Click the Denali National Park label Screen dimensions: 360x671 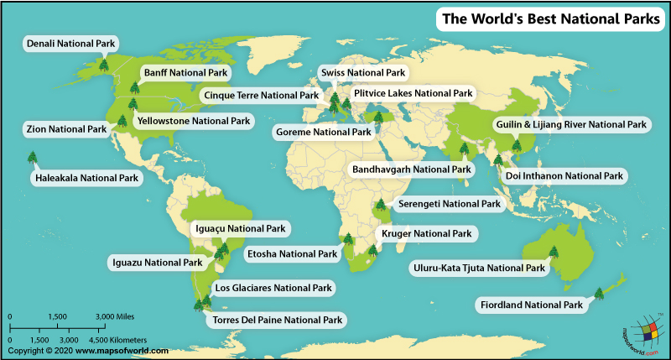click(x=71, y=42)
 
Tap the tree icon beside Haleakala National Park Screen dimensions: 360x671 click(x=32, y=158)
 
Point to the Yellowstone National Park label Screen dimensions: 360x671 click(x=193, y=121)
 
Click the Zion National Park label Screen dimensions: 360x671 click(x=65, y=129)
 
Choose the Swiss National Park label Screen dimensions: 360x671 click(x=362, y=74)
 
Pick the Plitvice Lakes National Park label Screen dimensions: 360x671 click(x=413, y=92)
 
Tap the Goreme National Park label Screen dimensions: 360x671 click(x=323, y=132)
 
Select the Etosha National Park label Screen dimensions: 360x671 click(x=291, y=253)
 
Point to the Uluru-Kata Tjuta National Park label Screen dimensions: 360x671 click(x=478, y=269)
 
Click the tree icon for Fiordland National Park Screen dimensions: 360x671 click(x=599, y=293)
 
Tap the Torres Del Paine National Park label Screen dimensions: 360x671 click(x=278, y=320)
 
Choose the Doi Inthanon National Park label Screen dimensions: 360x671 click(x=564, y=175)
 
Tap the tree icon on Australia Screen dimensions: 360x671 click(x=554, y=250)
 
